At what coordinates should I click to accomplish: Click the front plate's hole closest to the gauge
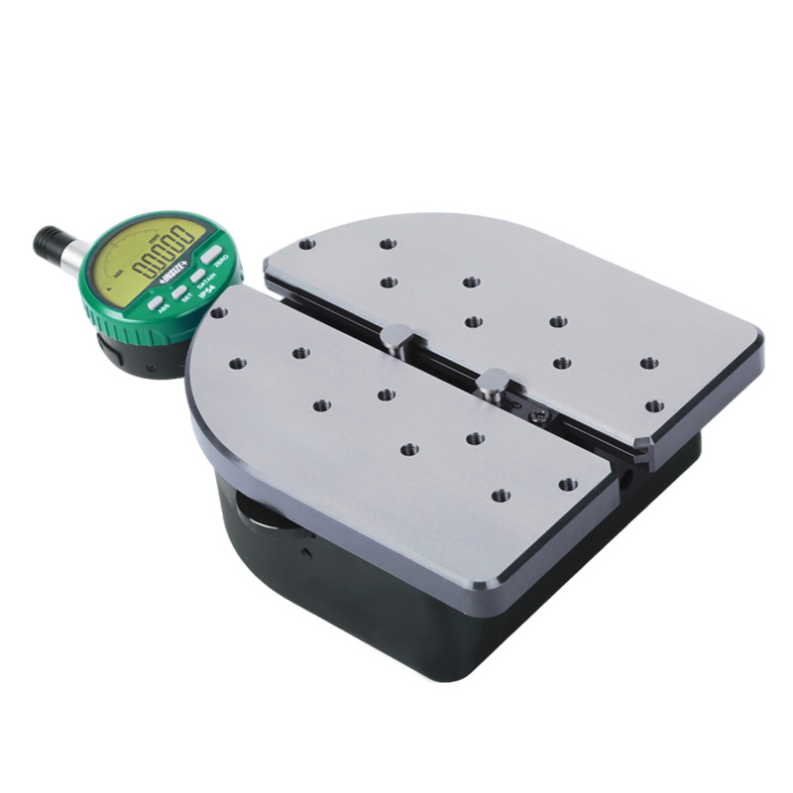(x=219, y=313)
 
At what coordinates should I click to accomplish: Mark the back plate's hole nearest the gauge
(x=307, y=244)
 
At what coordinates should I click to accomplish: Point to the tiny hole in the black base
(x=308, y=551)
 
